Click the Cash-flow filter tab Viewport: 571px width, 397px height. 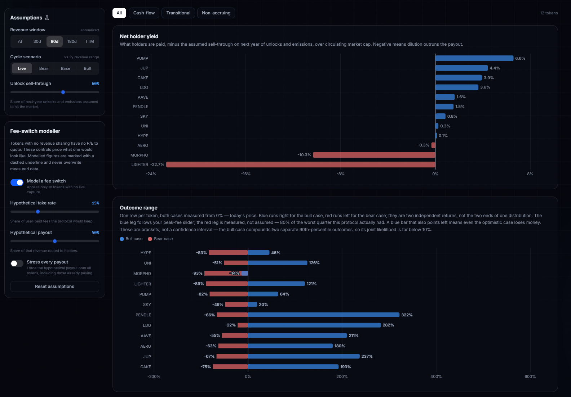[x=144, y=13]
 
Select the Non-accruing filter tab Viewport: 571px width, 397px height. [x=216, y=13]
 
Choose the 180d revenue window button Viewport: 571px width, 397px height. [x=72, y=41]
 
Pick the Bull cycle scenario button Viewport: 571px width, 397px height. [x=87, y=68]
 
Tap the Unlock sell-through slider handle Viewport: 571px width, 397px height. [x=63, y=92]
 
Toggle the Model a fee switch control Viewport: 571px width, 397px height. [x=17, y=182]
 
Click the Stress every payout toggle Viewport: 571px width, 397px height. [x=17, y=263]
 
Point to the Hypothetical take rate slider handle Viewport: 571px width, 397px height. [x=38, y=212]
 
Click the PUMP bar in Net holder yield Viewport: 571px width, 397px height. [x=474, y=58]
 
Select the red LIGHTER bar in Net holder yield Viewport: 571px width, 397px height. [x=301, y=164]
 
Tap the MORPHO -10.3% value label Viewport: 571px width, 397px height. [x=304, y=155]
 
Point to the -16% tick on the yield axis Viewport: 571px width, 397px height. [x=246, y=174]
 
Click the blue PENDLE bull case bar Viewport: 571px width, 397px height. [x=323, y=315]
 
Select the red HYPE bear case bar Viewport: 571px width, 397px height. [x=228, y=252]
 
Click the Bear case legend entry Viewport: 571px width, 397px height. [x=160, y=239]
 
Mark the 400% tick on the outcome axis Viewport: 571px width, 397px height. [x=436, y=376]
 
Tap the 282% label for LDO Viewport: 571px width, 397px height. [x=388, y=325]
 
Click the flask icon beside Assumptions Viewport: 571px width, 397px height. [x=47, y=18]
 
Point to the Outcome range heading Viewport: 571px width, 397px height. [x=138, y=208]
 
